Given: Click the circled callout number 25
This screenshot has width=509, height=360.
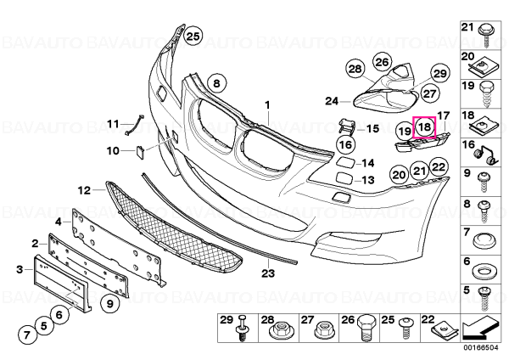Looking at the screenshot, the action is pos(193,37).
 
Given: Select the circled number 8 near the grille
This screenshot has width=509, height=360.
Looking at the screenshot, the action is pos(216,83).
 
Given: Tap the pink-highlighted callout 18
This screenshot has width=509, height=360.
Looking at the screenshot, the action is pos(425,127).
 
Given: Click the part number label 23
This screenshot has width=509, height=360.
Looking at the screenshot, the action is pos(268,273).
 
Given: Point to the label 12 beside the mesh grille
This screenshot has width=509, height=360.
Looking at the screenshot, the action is pos(84,190).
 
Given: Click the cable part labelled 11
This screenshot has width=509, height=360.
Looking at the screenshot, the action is pos(134,125).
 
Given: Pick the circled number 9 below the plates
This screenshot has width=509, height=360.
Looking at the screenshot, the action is pos(109,303).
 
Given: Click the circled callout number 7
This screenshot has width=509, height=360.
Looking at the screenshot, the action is pos(27,334).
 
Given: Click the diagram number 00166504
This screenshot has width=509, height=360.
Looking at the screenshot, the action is pos(481,347).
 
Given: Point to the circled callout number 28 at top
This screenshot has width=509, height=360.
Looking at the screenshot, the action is pos(355,69).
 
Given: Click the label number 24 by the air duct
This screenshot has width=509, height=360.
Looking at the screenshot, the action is pos(332,101).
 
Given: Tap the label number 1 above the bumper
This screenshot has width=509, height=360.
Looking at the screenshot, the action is pos(267,105).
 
